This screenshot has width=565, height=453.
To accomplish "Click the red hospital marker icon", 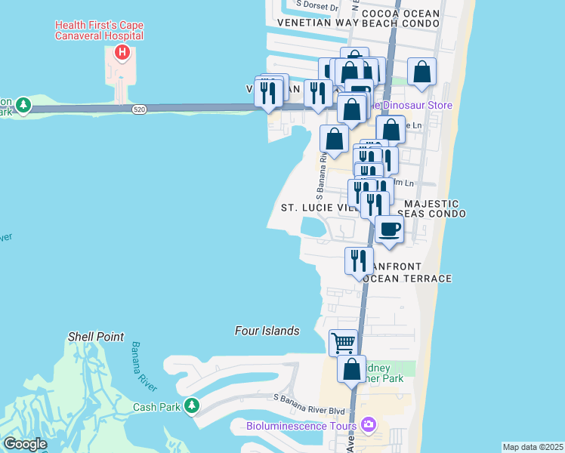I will [122, 53].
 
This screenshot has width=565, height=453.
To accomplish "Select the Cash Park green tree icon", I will [192, 406].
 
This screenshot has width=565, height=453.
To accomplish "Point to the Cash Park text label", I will [154, 407].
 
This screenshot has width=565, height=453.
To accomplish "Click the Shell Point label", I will [96, 337].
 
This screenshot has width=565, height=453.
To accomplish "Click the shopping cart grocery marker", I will [344, 342].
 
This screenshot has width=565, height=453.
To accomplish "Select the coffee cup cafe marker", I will [389, 229].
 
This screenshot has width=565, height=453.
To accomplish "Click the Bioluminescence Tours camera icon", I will [369, 425].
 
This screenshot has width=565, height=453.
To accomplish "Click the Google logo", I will [25, 444].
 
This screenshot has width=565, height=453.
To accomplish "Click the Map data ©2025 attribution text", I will [532, 447].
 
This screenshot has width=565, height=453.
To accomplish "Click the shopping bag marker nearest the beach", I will [421, 72].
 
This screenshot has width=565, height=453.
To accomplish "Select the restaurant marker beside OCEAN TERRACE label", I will [358, 260].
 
